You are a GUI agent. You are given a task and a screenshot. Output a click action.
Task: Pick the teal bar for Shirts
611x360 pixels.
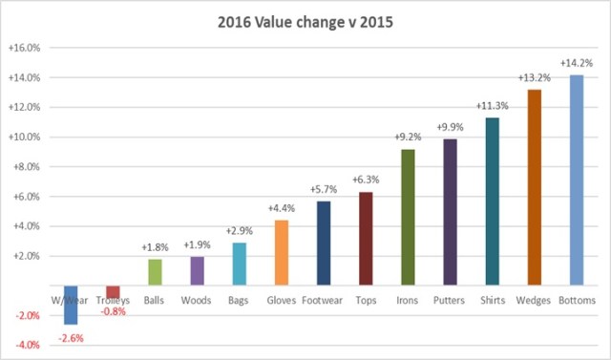(492, 201)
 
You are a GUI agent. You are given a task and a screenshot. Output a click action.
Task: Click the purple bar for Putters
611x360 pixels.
(450, 212)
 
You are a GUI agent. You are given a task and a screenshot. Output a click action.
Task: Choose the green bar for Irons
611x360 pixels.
(408, 217)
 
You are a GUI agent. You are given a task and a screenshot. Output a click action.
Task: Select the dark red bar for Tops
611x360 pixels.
(366, 239)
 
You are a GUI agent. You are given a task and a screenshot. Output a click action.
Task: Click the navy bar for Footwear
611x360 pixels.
(324, 244)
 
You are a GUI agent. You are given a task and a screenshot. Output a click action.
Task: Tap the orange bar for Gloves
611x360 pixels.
(282, 253)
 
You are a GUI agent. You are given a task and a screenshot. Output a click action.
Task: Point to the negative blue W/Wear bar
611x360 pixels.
(72, 305)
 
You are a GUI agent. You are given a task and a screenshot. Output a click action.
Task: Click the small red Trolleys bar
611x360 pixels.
(114, 291)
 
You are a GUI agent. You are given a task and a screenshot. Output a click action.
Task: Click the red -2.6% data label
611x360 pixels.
(72, 336)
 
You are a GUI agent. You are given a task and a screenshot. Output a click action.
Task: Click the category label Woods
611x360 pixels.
(198, 301)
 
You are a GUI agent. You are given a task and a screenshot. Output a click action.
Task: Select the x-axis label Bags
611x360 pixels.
(240, 301)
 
